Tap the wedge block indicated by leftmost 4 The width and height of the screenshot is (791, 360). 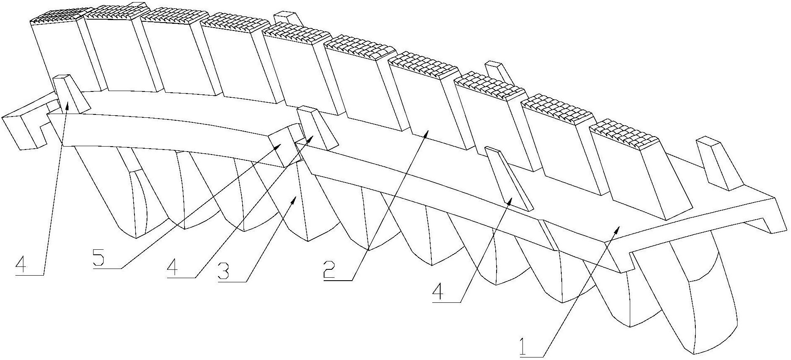tap(70, 94)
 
